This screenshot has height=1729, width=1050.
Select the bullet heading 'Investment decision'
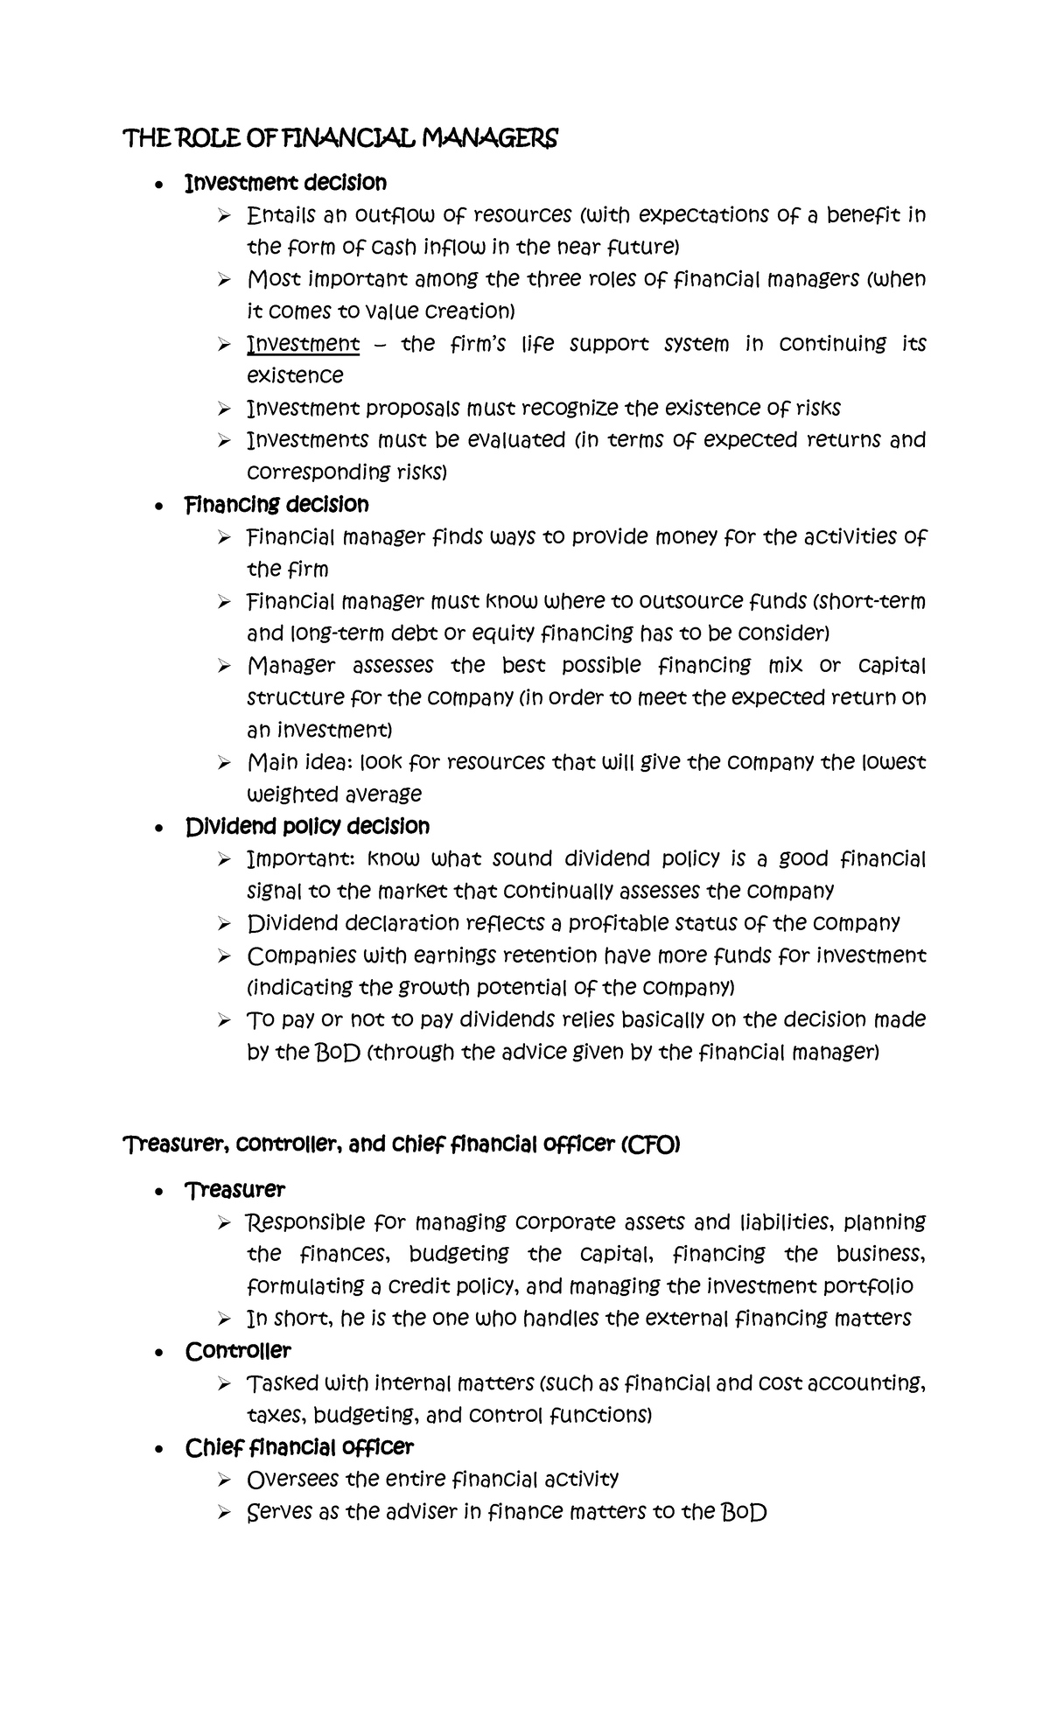click(x=285, y=182)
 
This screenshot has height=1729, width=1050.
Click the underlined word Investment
click(x=304, y=343)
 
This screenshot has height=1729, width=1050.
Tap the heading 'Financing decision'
click(x=276, y=504)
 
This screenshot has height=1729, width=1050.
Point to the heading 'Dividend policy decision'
click(x=307, y=826)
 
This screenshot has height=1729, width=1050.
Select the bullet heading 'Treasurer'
click(x=234, y=1189)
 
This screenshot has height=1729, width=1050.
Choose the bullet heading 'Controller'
click(x=238, y=1350)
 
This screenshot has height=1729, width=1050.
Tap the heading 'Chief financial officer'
click(x=299, y=1447)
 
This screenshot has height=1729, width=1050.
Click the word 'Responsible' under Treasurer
click(x=303, y=1221)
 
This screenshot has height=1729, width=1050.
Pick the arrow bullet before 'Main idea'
click(x=224, y=763)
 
